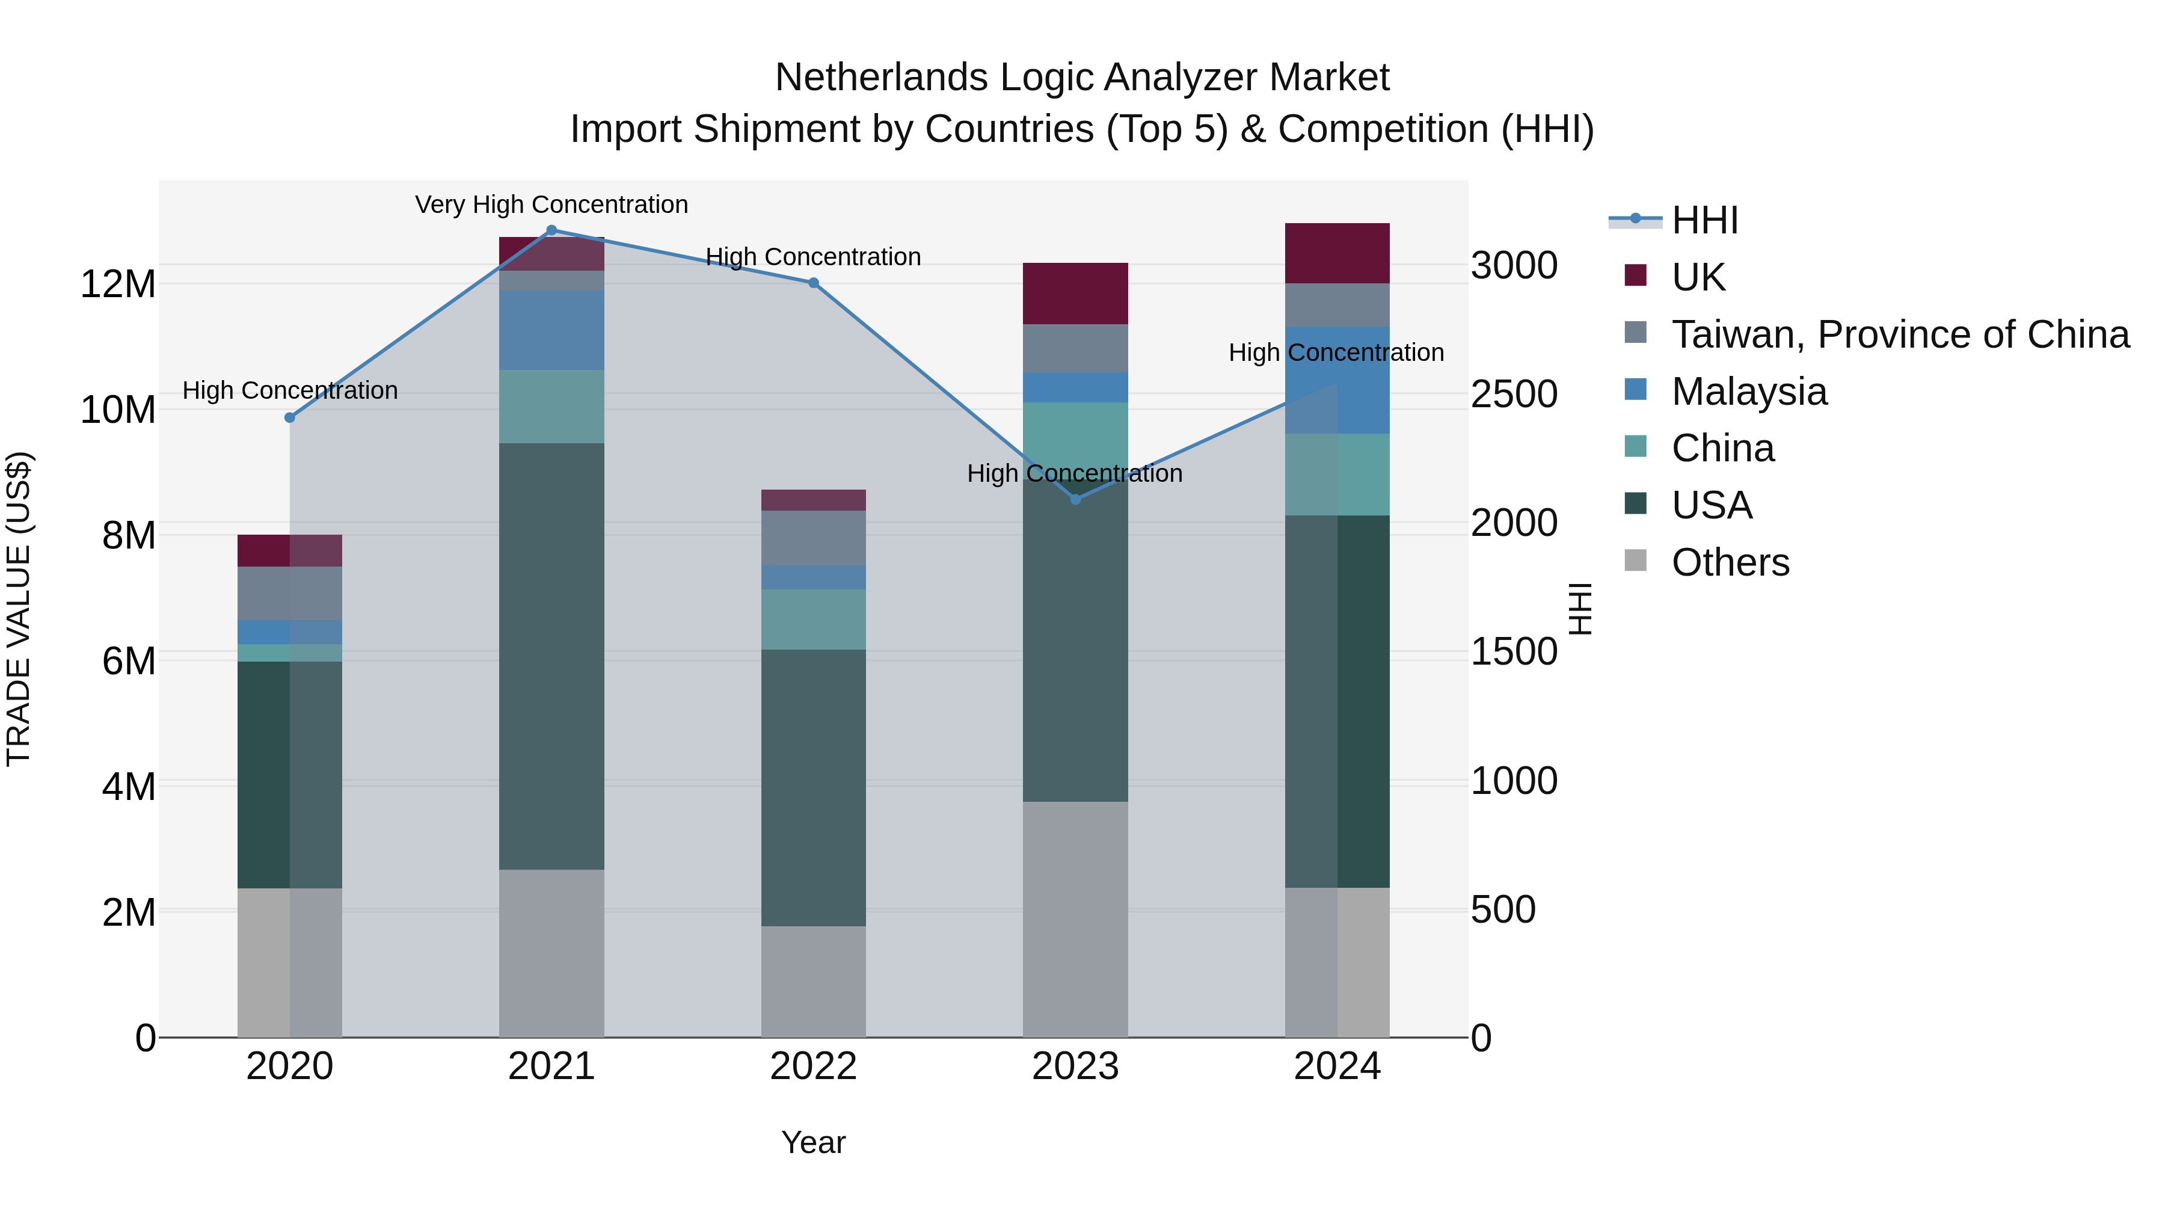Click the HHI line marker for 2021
[551, 230]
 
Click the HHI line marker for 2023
[1075, 499]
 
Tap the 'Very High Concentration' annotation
[551, 205]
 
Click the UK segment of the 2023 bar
[1075, 294]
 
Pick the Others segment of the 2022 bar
[812, 981]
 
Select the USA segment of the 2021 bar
[551, 656]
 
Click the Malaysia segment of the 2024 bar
[1336, 380]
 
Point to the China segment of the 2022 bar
[812, 619]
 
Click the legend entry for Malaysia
[1749, 392]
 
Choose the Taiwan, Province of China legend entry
[1899, 334]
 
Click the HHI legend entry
[1704, 220]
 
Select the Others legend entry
[1730, 562]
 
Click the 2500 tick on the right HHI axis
[1514, 394]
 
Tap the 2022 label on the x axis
[812, 1066]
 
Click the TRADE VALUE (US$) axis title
[19, 609]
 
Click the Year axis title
[812, 1142]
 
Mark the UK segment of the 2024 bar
[1336, 253]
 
